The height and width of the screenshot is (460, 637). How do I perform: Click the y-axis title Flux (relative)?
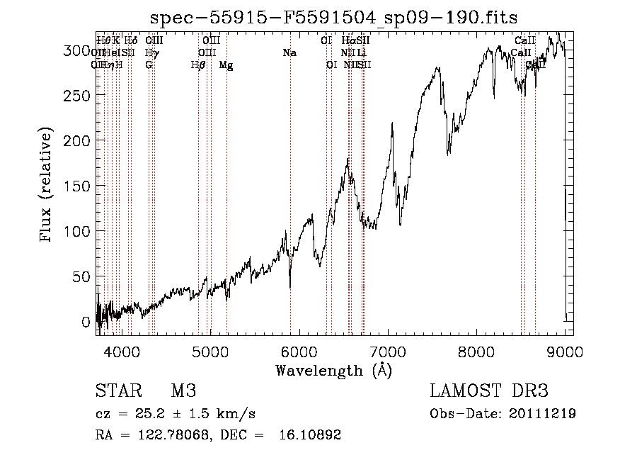pos(47,186)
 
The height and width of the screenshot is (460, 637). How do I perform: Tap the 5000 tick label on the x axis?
pos(210,351)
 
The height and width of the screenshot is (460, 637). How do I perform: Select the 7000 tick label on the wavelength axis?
pos(388,351)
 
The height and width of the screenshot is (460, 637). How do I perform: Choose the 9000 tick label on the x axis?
pos(566,351)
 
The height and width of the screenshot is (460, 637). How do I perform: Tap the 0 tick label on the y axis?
pos(86,322)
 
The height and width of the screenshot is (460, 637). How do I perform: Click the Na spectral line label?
pos(289,53)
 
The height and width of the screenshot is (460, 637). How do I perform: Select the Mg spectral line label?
pos(226,65)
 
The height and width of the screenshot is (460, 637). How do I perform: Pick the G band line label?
pos(149,65)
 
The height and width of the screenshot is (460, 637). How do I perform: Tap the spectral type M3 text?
pos(183,391)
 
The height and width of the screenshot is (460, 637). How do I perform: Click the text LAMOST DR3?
pos(489,391)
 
